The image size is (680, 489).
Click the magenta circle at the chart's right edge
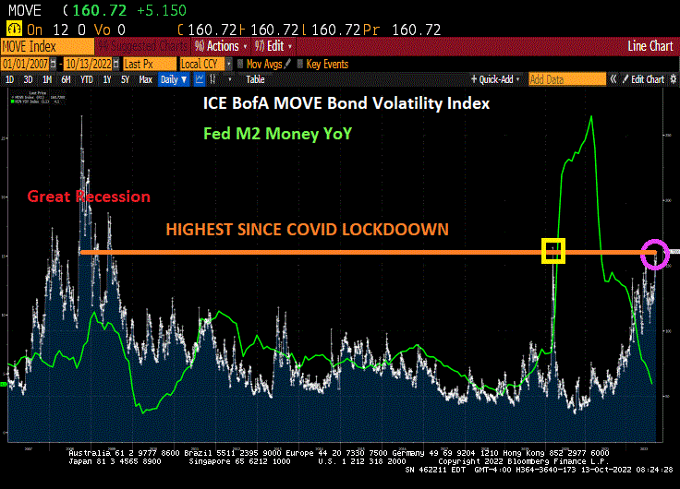click(655, 253)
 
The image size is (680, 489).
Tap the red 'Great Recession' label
click(88, 197)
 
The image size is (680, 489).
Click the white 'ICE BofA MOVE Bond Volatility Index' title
click(346, 104)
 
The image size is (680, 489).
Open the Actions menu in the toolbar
click(219, 46)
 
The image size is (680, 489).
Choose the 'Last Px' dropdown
click(147, 64)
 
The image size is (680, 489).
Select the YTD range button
click(87, 79)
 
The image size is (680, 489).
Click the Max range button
click(145, 79)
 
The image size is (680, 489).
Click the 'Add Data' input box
click(559, 79)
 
